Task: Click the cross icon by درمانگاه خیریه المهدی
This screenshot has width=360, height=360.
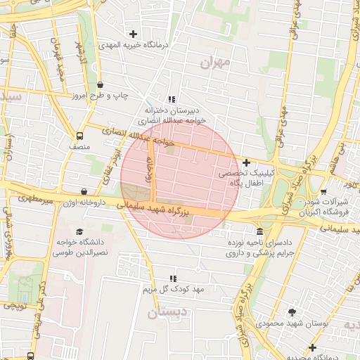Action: pyautogui.click(x=133, y=34)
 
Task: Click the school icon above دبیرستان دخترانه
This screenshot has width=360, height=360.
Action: pyautogui.click(x=172, y=99)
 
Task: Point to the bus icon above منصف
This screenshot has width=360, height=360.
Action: pyautogui.click(x=79, y=136)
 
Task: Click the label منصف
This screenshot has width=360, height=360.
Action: pyautogui.click(x=79, y=147)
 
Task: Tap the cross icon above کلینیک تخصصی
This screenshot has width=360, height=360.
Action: pyautogui.click(x=246, y=162)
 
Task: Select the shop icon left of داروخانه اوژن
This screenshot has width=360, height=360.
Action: pyautogui.click(x=84, y=191)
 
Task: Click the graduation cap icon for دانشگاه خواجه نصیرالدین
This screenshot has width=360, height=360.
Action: pyautogui.click(x=79, y=231)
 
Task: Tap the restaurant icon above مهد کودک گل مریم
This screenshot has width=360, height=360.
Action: pyautogui.click(x=173, y=278)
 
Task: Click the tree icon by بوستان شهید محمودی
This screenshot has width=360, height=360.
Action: pyautogui.click(x=292, y=312)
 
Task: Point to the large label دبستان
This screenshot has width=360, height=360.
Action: pyautogui.click(x=168, y=311)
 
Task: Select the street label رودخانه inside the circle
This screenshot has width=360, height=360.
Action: pyautogui.click(x=149, y=168)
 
